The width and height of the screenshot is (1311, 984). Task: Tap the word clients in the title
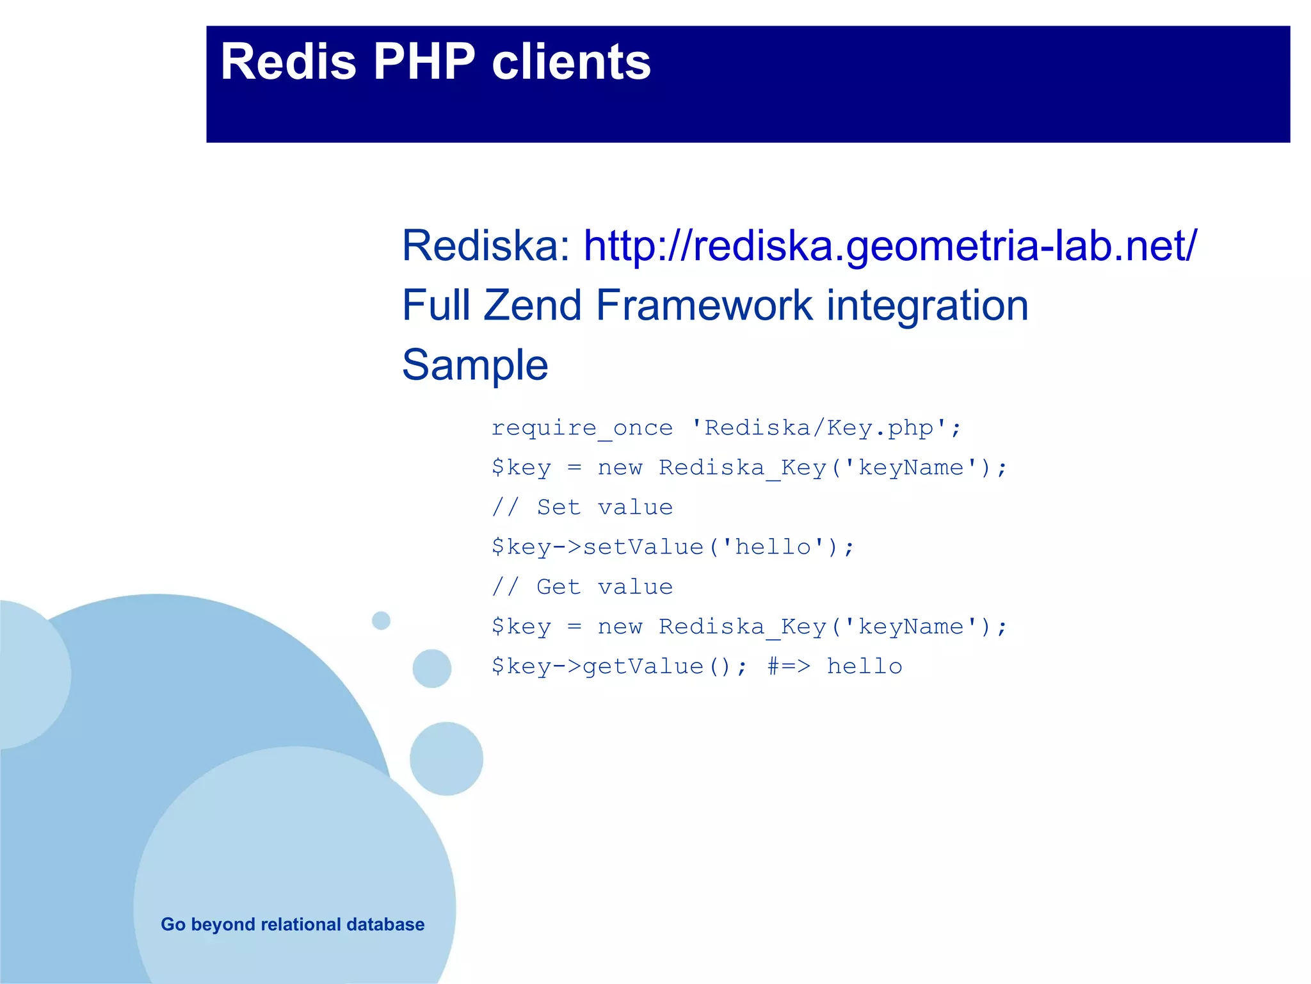571,62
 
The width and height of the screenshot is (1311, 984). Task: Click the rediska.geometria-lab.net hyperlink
890,246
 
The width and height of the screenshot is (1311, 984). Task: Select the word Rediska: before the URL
486,246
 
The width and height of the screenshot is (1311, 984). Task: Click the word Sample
475,365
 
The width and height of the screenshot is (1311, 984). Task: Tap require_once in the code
581,428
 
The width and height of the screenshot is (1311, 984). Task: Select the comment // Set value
582,507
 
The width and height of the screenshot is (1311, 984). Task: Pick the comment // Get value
582,587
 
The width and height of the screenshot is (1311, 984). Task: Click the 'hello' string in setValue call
773,547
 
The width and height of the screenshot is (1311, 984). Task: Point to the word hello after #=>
864,666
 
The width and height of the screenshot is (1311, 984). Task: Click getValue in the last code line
643,666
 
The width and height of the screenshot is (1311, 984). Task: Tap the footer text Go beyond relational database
293,924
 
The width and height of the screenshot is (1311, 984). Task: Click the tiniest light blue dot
381,620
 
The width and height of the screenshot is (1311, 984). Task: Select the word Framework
704,306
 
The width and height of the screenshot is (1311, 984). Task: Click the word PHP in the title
424,62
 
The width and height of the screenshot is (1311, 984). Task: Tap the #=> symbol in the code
789,666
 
